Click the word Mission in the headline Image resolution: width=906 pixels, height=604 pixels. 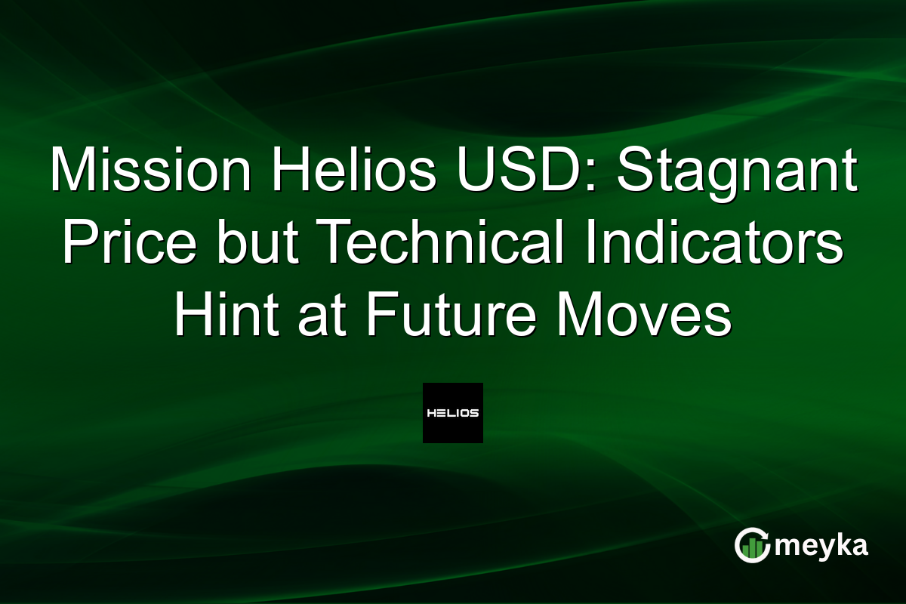(149, 171)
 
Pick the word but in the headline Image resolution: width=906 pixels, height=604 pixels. (251, 243)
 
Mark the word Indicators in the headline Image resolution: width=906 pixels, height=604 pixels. (720, 243)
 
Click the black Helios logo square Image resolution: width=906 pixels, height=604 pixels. (452, 413)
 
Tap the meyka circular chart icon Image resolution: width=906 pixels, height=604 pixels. (752, 546)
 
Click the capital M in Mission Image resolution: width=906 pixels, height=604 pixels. (71, 171)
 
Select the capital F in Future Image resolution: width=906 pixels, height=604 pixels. (378, 316)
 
